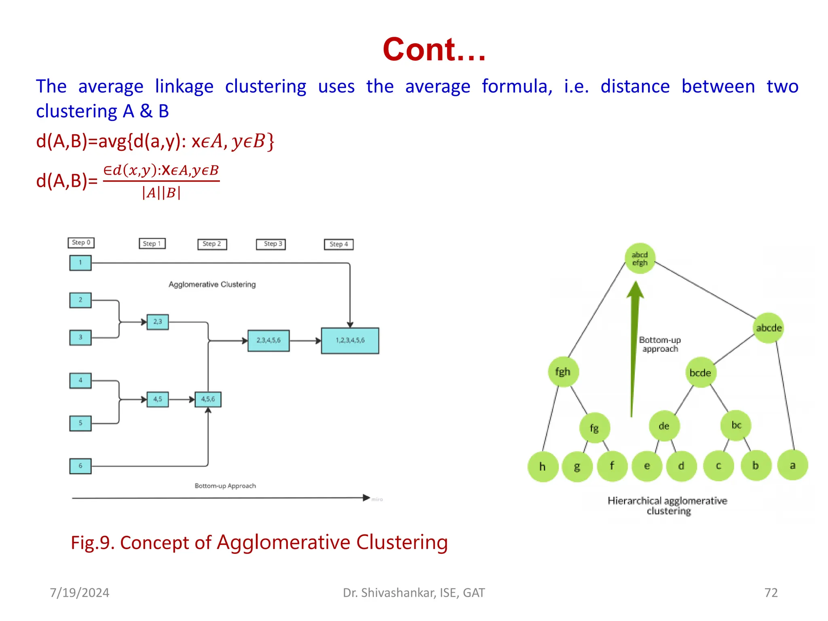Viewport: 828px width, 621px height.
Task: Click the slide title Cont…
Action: [x=434, y=49]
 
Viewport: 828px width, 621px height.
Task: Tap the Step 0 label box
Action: [x=81, y=243]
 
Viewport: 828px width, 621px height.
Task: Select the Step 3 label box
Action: [x=271, y=244]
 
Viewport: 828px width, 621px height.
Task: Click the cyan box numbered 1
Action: [x=80, y=263]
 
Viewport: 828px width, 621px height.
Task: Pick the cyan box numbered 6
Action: [x=80, y=466]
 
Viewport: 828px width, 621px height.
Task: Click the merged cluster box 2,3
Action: [x=158, y=322]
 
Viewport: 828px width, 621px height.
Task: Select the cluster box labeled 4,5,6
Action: [x=208, y=399]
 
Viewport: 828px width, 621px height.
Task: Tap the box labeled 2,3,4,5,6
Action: [x=268, y=340]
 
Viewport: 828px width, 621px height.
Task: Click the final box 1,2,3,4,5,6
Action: [x=350, y=341]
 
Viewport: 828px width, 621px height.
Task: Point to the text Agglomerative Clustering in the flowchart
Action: [x=212, y=285]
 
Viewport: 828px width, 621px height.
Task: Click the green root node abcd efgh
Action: [x=640, y=259]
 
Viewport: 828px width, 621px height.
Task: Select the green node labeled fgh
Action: [x=563, y=372]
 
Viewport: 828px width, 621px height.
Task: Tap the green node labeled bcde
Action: [x=700, y=373]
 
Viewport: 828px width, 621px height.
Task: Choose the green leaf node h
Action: [x=543, y=467]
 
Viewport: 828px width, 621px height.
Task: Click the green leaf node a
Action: [x=792, y=466]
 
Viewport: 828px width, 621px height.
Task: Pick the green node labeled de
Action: [x=664, y=426]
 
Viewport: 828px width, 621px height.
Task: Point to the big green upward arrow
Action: [x=634, y=348]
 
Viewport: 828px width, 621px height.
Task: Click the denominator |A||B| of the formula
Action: [x=161, y=193]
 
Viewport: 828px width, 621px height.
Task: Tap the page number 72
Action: [x=771, y=593]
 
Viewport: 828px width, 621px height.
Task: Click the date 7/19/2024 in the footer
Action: [x=80, y=593]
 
